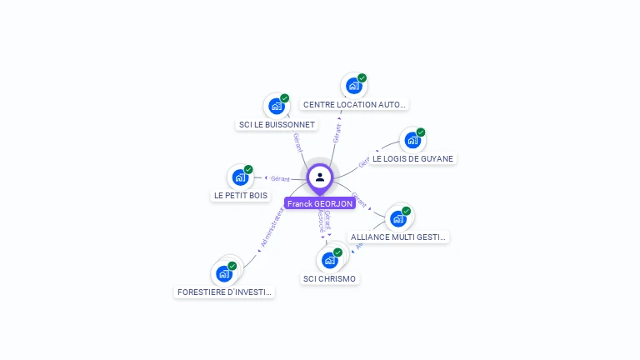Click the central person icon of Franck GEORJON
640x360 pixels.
(x=320, y=177)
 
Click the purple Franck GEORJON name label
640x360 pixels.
(x=320, y=203)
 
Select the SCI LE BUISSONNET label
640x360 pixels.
(x=277, y=125)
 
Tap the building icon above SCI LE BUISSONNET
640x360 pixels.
(x=277, y=107)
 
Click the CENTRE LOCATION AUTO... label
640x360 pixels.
(x=354, y=105)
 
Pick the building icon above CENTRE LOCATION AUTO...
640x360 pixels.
(x=354, y=86)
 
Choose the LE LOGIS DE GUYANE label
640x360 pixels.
(x=412, y=158)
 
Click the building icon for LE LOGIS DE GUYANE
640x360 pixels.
(x=412, y=140)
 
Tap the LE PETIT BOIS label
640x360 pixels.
(x=241, y=196)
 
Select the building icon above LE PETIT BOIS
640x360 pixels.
(x=240, y=177)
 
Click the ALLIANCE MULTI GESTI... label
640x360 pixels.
(x=398, y=237)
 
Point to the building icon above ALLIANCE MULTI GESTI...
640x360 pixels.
(x=398, y=218)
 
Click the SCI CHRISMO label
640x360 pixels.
(x=329, y=279)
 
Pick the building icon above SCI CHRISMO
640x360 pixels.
(x=330, y=260)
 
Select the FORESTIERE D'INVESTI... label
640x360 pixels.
(x=224, y=292)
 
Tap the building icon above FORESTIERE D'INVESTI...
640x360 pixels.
(x=224, y=273)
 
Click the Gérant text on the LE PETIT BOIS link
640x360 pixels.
(x=280, y=178)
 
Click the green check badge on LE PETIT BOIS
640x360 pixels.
(x=248, y=169)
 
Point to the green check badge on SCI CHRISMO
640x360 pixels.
(x=337, y=252)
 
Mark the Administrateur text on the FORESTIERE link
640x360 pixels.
(x=272, y=227)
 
